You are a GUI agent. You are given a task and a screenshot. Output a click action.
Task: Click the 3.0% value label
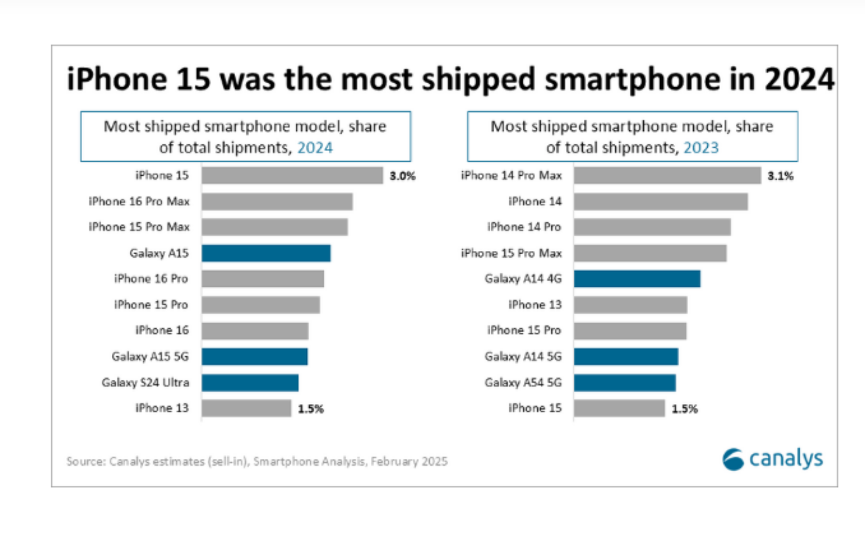click(403, 176)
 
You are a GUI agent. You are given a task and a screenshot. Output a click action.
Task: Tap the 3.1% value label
click(780, 176)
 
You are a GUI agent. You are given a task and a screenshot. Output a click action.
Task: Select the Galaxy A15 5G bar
click(255, 357)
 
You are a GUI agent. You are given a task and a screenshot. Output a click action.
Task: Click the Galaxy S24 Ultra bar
click(250, 382)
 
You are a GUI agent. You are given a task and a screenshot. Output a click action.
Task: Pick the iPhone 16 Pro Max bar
click(277, 202)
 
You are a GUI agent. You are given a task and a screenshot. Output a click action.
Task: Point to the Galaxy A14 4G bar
click(637, 279)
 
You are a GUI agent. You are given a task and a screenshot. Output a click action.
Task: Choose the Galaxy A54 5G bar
click(624, 382)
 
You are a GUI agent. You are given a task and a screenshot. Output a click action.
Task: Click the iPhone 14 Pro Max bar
click(667, 176)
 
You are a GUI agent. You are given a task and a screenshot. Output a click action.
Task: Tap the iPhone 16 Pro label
click(151, 279)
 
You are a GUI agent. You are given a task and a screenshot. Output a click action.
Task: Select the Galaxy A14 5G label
click(523, 357)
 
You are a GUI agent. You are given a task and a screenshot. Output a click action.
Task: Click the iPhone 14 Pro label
click(524, 227)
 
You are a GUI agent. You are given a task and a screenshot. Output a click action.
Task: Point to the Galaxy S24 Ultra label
click(145, 382)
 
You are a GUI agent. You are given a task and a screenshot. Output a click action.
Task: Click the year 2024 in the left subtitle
click(315, 148)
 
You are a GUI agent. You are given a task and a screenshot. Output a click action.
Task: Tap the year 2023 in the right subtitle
click(701, 148)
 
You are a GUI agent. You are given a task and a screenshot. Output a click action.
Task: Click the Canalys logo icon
click(733, 459)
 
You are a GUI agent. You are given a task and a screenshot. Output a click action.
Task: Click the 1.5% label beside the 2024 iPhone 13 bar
click(311, 409)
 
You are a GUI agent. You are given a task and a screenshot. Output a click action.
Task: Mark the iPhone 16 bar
click(255, 331)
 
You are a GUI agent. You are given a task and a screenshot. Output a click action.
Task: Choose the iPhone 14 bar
click(661, 202)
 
